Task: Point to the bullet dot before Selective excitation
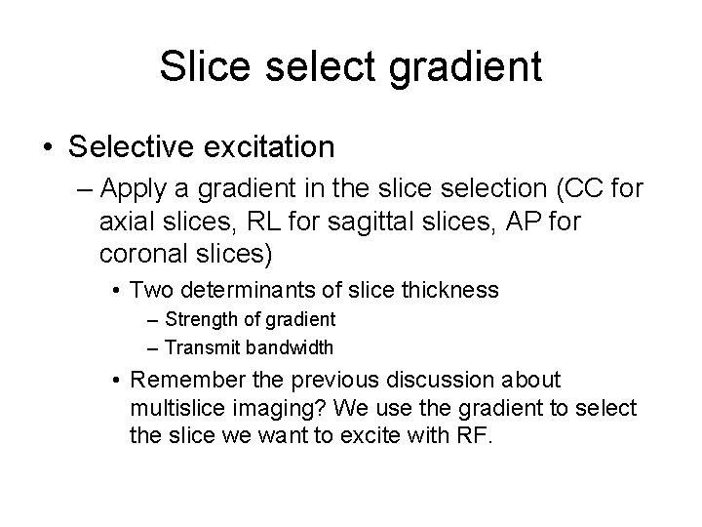click(x=48, y=148)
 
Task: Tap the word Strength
click(x=197, y=318)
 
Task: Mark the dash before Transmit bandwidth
click(x=155, y=346)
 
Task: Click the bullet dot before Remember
click(x=115, y=379)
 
